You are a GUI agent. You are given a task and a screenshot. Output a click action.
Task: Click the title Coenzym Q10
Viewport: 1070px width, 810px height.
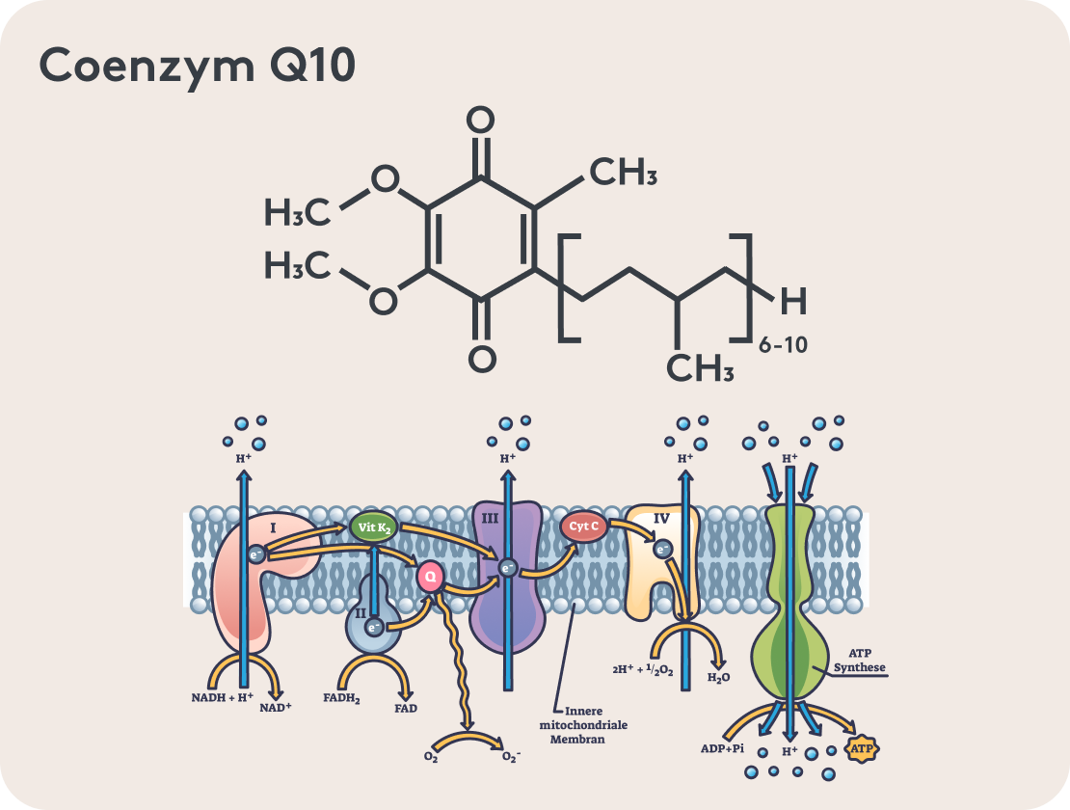coord(198,67)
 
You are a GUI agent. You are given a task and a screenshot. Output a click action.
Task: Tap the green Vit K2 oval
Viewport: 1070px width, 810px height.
coord(373,527)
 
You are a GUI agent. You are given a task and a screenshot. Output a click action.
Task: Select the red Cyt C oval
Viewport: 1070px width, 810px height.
coord(583,526)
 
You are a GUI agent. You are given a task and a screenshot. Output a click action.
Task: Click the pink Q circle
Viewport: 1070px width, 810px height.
coord(431,577)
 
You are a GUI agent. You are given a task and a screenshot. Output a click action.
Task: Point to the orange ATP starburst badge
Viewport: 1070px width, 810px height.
coord(863,747)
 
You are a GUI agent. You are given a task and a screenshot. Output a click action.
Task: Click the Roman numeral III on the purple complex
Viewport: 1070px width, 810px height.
coord(490,519)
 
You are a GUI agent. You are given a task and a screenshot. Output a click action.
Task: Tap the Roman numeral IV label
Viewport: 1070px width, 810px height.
coord(661,519)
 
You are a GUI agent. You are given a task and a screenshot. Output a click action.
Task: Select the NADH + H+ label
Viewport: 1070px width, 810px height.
coord(223,697)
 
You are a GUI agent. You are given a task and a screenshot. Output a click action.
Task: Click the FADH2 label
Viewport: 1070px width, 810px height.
coord(342,697)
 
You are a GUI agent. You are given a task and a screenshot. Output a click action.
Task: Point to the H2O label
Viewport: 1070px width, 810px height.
coord(719,678)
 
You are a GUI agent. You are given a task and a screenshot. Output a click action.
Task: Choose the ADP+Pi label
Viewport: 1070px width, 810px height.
coord(722,747)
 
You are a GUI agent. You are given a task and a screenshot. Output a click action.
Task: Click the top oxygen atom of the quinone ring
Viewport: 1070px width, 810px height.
coord(480,121)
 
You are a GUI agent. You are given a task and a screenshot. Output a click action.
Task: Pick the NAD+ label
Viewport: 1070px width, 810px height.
coord(276,706)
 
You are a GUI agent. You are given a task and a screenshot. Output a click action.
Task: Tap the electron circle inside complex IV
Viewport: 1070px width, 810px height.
coord(662,549)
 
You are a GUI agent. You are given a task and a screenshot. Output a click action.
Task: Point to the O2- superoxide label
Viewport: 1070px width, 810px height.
coord(511,757)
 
